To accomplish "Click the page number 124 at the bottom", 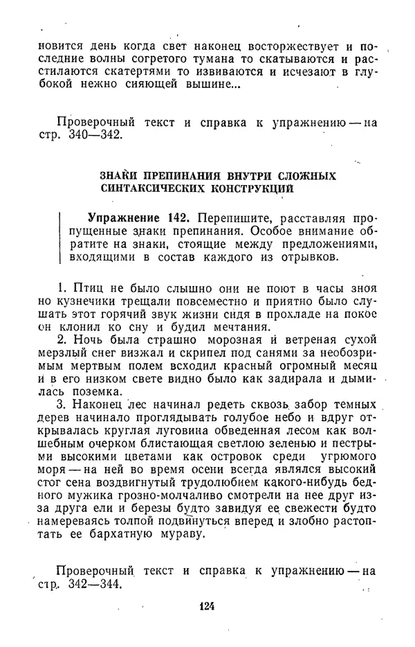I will (x=207, y=605).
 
